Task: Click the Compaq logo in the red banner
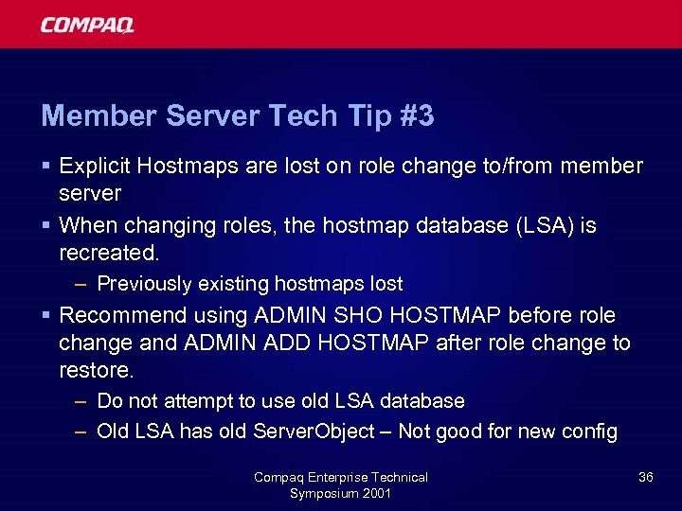point(87,25)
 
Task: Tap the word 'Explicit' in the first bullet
point(95,167)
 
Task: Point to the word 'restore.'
point(96,370)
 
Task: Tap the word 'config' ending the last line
point(591,432)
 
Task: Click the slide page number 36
point(645,477)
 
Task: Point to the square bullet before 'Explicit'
point(46,167)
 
